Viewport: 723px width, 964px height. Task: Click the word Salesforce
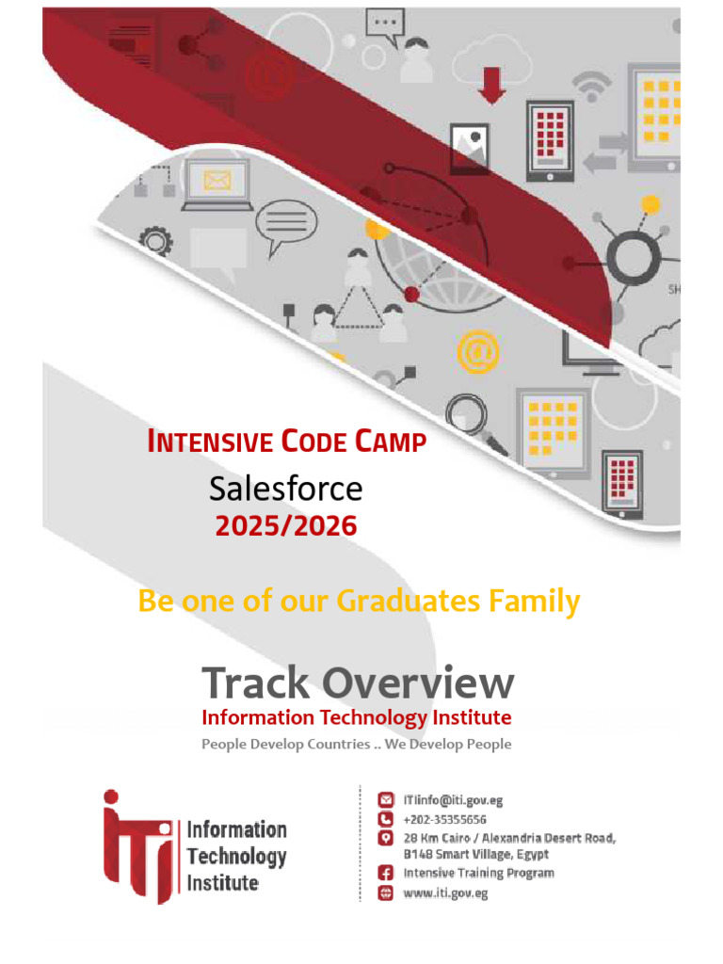click(286, 489)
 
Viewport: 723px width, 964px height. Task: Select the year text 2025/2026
click(286, 525)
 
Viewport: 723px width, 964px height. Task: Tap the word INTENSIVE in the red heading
click(210, 442)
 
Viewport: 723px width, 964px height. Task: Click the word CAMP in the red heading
click(391, 442)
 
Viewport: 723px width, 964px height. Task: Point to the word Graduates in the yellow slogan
click(409, 601)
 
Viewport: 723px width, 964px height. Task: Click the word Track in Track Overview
click(256, 683)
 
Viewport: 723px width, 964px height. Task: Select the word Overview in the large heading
click(418, 683)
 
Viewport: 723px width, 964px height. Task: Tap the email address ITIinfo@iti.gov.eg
click(453, 800)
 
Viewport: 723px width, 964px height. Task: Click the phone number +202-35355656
click(444, 820)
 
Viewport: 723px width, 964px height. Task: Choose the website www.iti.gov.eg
click(445, 893)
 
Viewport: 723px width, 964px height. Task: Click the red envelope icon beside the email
click(385, 800)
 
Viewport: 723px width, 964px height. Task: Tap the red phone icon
click(385, 819)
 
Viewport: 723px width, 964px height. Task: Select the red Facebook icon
click(385, 873)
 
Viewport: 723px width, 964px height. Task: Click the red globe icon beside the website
click(385, 892)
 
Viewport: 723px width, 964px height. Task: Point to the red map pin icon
click(385, 838)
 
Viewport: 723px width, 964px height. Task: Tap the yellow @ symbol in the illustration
click(478, 352)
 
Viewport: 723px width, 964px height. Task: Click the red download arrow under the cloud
click(491, 86)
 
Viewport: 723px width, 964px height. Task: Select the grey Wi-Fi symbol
click(591, 87)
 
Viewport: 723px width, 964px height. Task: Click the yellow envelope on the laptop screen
click(217, 181)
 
